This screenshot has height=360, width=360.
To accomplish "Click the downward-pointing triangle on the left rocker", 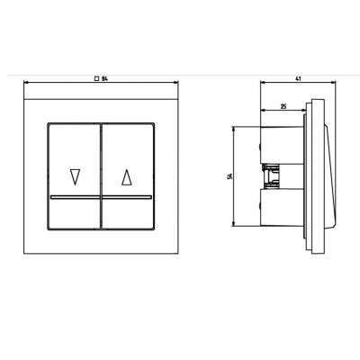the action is pos(75,177).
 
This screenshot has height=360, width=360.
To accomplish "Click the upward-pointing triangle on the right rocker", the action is pos(127,177).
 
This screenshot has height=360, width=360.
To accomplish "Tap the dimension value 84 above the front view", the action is pos(104,79).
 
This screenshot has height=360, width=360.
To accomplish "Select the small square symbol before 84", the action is pos(96,79).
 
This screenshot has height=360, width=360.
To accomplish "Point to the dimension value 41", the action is pos(298,79).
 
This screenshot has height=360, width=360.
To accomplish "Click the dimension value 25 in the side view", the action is pos(283,106).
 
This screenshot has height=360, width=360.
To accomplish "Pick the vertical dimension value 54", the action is pos(230,176).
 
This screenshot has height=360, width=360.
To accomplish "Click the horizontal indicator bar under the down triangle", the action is pos(75,197).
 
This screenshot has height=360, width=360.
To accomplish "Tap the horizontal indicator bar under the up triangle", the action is pos(127,197).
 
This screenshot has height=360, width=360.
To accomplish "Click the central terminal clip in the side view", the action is pos(271,176).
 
